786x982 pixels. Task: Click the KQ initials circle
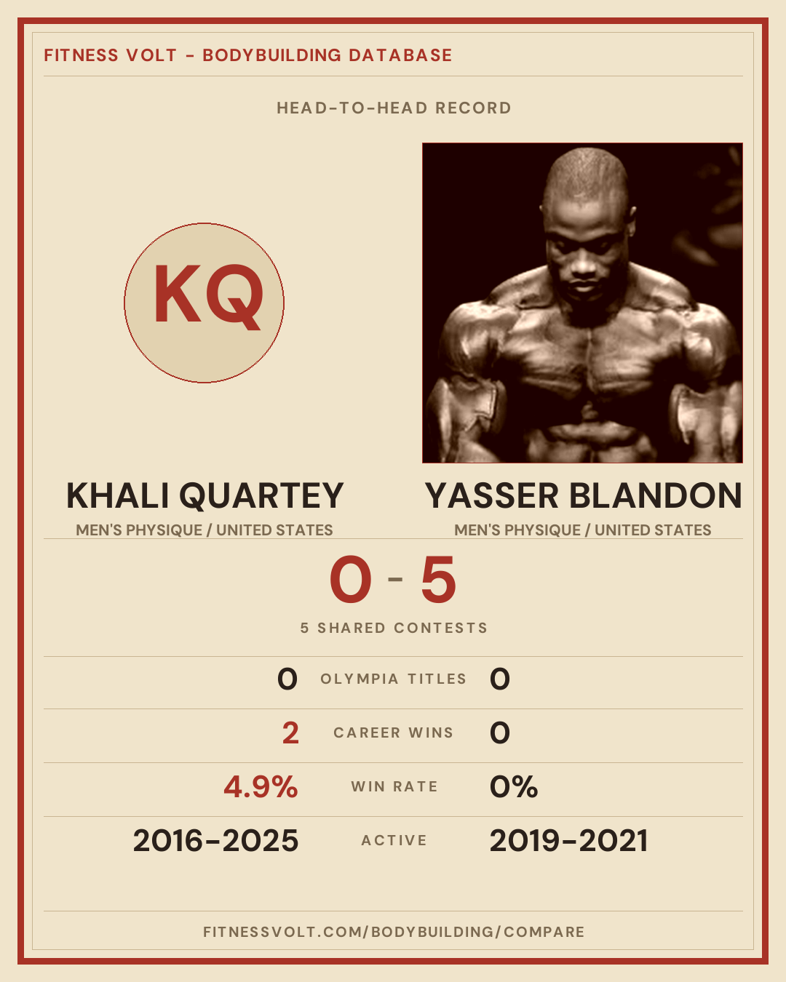205,303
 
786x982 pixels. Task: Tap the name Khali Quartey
205,495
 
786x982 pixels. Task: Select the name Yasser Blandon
583,495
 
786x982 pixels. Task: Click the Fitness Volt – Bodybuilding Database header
247,55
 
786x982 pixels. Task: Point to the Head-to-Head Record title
394,108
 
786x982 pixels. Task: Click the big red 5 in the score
438,579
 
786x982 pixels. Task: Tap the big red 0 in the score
351,579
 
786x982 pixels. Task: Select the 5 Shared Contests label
394,628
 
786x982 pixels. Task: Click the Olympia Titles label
393,679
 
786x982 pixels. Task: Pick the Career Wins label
393,732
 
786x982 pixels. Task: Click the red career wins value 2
290,733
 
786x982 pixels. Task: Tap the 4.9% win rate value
261,787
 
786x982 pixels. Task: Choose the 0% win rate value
513,787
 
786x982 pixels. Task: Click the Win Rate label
394,787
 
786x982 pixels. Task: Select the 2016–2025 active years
215,841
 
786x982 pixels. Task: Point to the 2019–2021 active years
568,841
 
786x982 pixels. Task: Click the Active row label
394,841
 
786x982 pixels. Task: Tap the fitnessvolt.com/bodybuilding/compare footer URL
394,932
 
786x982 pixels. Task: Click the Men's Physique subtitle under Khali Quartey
205,530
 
